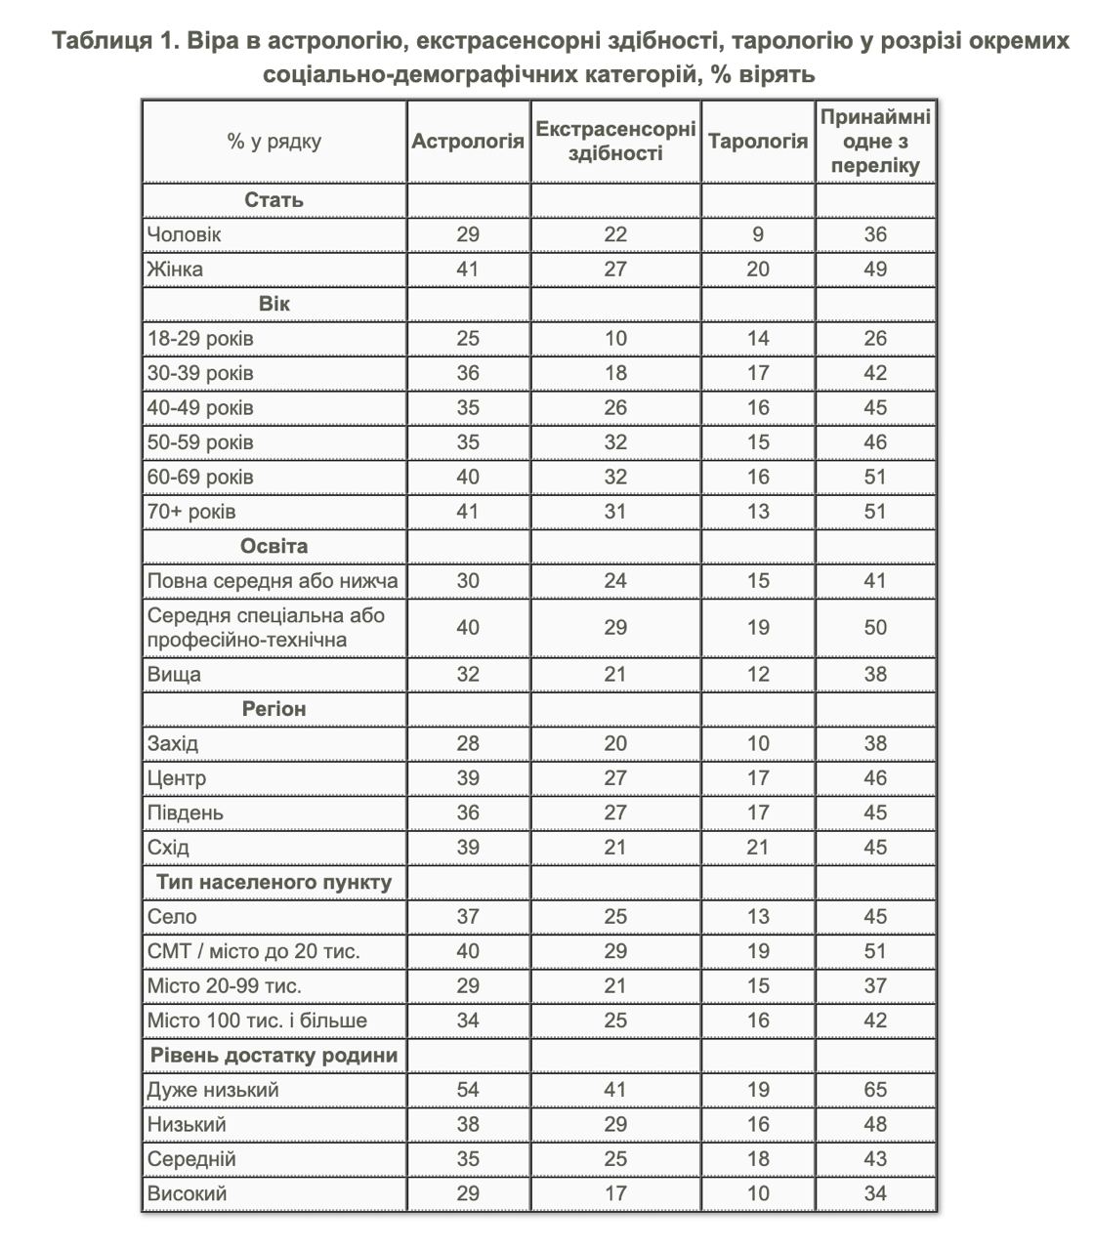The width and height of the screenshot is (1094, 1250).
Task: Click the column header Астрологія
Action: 468,141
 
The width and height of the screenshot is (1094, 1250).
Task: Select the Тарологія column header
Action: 758,141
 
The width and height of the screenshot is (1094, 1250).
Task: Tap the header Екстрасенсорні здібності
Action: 615,141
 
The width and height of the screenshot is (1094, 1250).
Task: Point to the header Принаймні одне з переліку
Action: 875,141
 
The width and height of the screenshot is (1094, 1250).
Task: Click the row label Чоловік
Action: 185,234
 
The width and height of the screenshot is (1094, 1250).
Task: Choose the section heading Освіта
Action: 273,546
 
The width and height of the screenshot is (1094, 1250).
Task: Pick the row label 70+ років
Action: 191,512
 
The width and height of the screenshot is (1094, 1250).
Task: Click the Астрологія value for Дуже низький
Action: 468,1090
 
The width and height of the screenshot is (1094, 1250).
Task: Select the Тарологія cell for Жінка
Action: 758,270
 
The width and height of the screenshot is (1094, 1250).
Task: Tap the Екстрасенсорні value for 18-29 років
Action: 615,339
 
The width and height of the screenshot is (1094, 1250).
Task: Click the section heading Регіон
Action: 273,709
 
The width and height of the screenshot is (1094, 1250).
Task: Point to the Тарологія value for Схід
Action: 758,848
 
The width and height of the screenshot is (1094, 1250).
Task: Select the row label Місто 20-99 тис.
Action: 225,986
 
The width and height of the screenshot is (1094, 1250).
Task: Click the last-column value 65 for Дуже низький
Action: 875,1090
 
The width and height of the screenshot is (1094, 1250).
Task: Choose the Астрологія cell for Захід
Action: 468,744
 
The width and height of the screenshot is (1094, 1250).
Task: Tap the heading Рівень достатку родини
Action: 273,1056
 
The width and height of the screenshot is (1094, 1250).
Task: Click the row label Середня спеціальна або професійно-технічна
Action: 266,627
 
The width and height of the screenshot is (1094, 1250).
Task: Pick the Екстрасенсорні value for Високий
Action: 615,1193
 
